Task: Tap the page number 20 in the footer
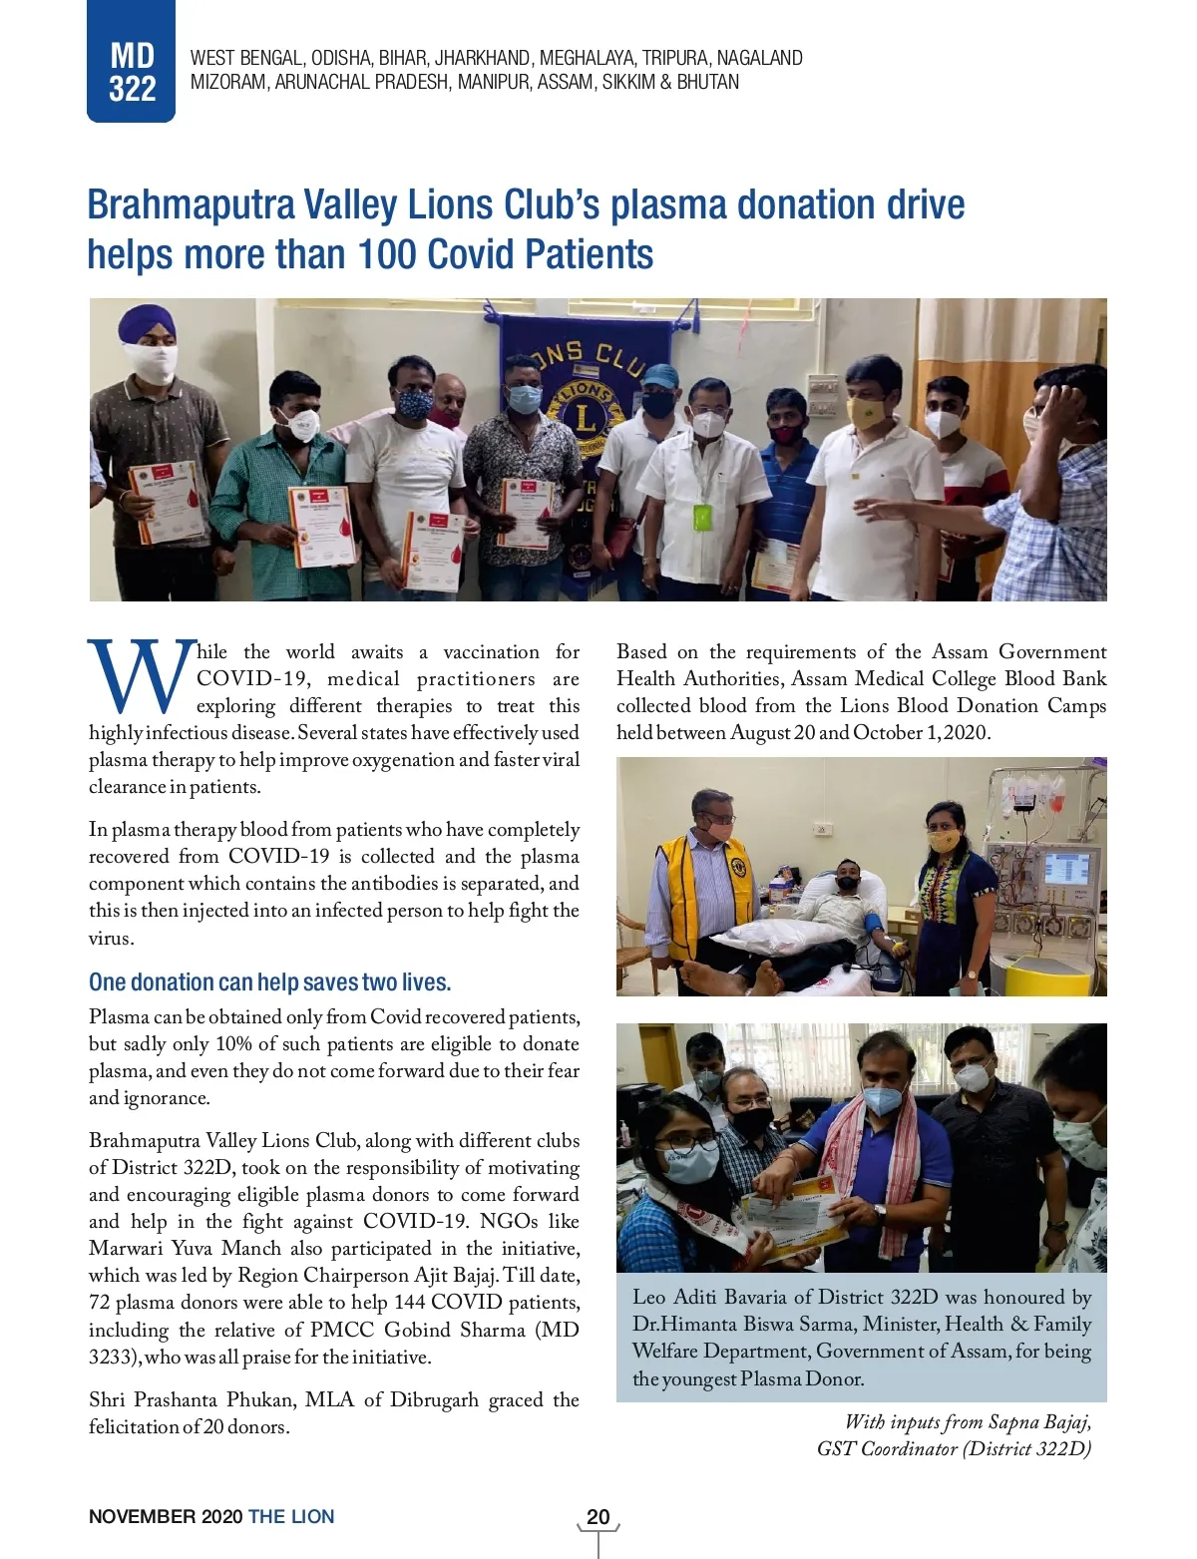coord(598,1517)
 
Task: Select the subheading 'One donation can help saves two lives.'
coord(269,982)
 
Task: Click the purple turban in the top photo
coord(146,323)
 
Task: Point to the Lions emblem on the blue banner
coord(585,409)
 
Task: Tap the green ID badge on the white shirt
coord(702,518)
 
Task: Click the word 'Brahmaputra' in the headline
coord(191,205)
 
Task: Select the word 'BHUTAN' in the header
coord(708,82)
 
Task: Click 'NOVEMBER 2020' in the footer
coord(165,1517)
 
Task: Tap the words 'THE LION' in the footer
coord(291,1517)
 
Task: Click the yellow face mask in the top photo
coord(867,412)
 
